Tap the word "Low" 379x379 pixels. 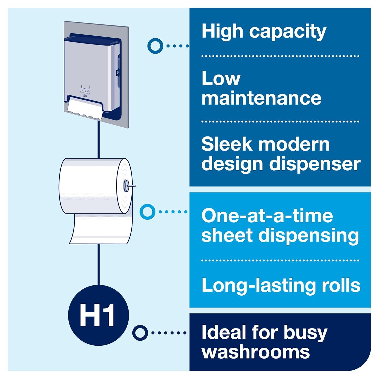pos(221,79)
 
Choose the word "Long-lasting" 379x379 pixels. pos(257,285)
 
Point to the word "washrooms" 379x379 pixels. pos(255,352)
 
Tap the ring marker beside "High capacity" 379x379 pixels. pos(155,46)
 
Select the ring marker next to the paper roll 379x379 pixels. pos(147,212)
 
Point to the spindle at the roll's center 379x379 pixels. pos(126,186)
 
